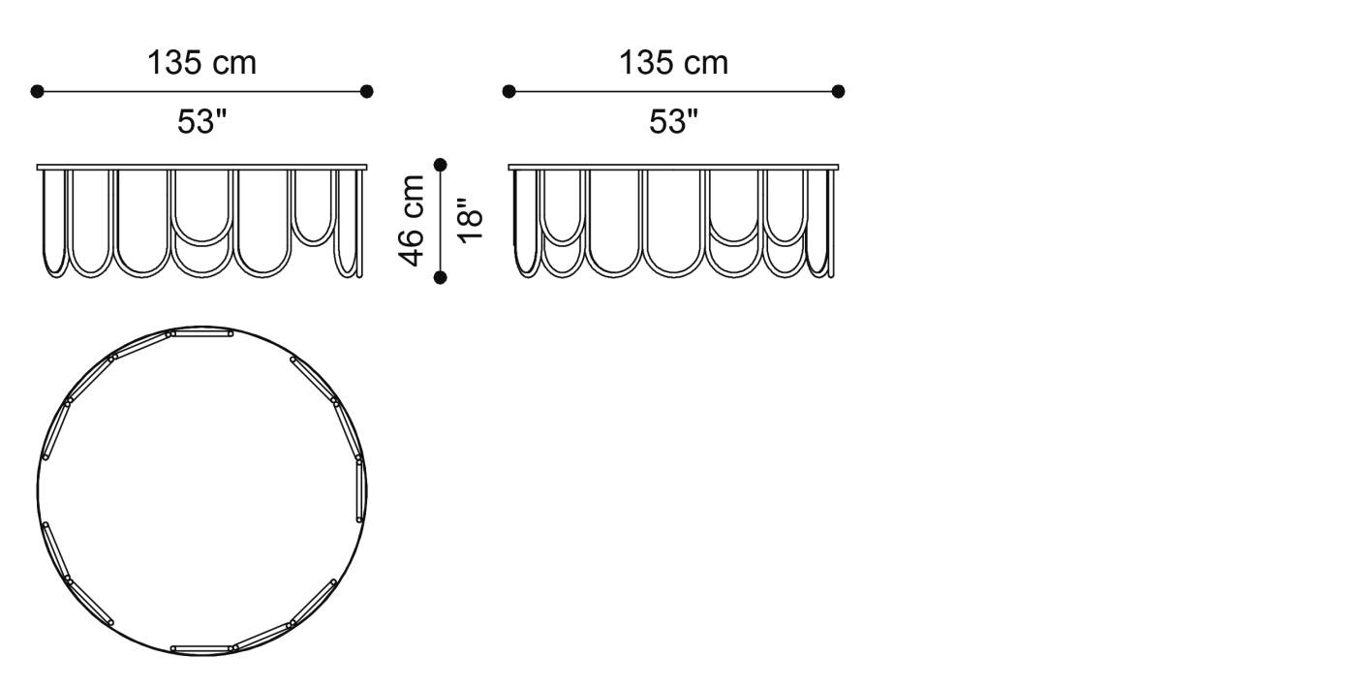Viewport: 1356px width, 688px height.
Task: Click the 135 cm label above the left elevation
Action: (201, 63)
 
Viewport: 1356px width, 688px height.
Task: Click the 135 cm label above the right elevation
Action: (673, 63)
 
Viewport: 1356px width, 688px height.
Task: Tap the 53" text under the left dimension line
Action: (201, 122)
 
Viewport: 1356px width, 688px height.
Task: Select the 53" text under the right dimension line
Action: (673, 122)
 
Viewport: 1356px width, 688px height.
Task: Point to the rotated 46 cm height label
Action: (412, 221)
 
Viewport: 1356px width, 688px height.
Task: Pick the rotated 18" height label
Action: (469, 221)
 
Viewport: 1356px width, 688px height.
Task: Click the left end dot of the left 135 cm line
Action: (37, 92)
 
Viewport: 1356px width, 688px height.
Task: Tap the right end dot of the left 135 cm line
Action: (366, 92)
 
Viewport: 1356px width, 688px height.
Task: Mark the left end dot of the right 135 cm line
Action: (508, 91)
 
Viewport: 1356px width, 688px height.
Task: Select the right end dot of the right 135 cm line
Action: (838, 91)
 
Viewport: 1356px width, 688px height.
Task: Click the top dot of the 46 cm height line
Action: (441, 164)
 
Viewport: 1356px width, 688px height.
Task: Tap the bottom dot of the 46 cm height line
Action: (441, 278)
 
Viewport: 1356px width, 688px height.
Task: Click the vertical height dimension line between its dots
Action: (441, 221)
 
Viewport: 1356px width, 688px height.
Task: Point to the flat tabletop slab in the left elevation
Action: (202, 167)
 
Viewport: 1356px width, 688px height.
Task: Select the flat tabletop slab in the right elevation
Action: (673, 167)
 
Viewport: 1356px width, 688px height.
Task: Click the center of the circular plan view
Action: (202, 491)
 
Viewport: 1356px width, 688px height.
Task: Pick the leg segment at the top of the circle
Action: (200, 333)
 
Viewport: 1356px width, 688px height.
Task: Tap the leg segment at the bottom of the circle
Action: (201, 647)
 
